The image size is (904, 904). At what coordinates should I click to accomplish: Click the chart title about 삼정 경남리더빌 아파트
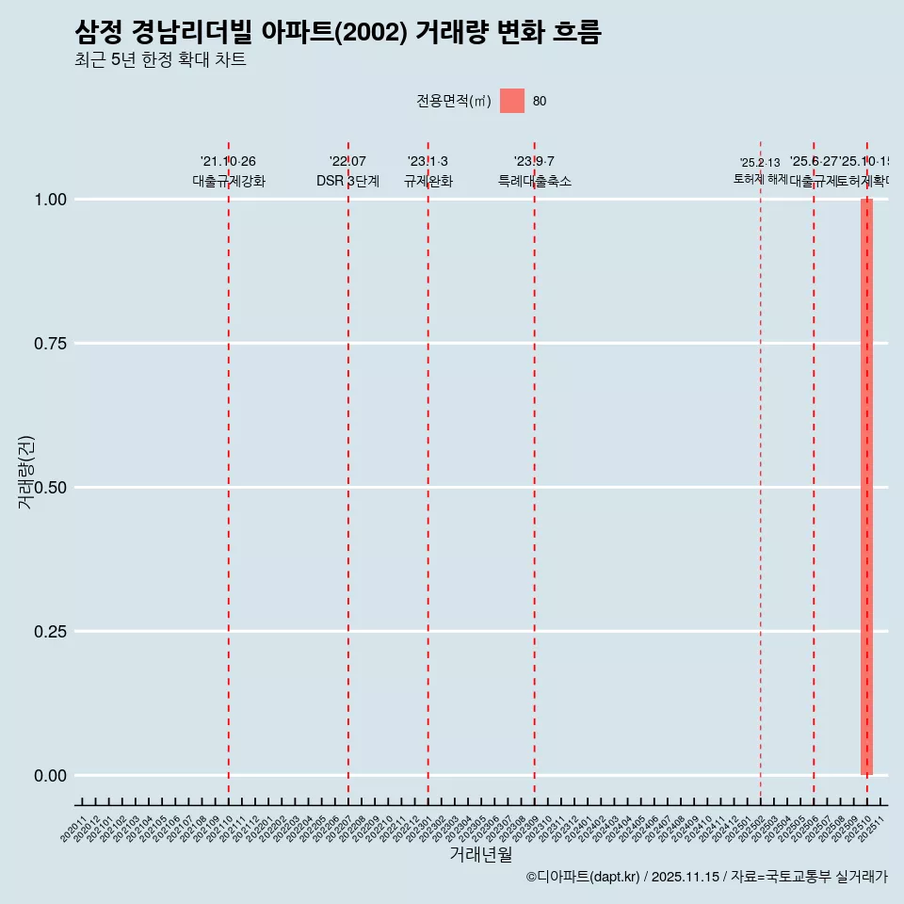337,32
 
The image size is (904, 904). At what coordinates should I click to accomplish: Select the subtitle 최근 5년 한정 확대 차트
160,60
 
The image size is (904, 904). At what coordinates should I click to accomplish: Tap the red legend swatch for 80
511,101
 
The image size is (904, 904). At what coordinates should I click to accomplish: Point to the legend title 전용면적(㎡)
454,101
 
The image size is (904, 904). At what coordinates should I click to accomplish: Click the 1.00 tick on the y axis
50,199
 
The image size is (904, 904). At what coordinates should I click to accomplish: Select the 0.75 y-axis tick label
50,343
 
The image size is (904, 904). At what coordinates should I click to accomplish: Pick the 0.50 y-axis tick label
50,487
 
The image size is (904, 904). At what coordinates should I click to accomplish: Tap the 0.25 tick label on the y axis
50,631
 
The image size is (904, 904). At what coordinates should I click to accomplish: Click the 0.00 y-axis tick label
50,775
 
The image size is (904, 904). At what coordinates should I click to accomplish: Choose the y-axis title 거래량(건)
26,472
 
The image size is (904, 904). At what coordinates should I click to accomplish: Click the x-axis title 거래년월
480,854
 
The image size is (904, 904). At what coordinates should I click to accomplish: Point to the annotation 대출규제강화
229,181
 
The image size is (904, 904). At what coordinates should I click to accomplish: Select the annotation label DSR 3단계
347,181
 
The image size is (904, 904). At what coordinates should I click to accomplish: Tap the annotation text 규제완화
428,181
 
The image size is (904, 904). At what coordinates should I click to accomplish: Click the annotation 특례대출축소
535,181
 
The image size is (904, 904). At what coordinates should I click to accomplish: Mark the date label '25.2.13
759,163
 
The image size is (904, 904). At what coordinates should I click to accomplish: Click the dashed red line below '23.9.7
535,471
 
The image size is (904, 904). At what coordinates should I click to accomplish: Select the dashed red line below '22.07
348,471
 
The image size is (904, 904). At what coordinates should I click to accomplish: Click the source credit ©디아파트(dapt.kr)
584,877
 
